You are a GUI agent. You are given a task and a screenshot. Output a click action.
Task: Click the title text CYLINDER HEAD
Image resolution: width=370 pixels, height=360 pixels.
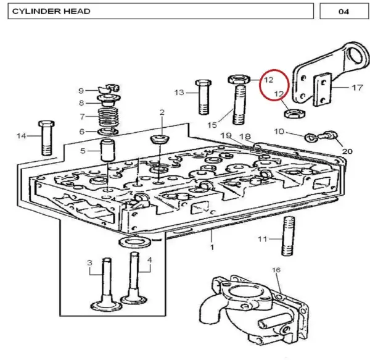click(51, 11)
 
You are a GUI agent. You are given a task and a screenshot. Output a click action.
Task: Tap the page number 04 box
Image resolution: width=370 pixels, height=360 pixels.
click(344, 11)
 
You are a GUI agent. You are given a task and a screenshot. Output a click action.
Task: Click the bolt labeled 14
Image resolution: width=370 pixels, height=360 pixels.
click(46, 138)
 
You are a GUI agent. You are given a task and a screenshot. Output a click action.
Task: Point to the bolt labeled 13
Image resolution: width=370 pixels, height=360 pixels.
click(203, 97)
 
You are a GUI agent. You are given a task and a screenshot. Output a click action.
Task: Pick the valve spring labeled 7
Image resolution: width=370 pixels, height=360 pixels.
click(109, 118)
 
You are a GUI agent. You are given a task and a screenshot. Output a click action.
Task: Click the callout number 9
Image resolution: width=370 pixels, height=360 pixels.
click(81, 91)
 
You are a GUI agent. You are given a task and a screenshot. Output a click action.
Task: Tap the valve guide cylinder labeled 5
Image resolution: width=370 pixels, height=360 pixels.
click(108, 150)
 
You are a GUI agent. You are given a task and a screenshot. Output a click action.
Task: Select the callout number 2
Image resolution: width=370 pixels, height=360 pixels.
click(162, 112)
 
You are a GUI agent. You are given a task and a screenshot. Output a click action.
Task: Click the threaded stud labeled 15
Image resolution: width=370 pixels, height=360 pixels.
click(239, 105)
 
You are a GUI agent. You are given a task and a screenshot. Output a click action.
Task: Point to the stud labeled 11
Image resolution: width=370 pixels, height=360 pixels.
click(288, 236)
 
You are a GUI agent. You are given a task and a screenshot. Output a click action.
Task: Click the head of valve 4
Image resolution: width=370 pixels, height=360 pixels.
click(134, 299)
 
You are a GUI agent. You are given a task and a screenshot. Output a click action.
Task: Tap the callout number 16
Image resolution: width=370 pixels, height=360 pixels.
click(276, 270)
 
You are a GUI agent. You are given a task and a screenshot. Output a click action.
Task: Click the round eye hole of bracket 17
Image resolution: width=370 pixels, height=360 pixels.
click(358, 57)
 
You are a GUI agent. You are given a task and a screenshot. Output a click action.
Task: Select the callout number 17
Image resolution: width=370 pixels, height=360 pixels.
click(357, 88)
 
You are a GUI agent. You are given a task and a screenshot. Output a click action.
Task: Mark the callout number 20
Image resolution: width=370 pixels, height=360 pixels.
click(347, 151)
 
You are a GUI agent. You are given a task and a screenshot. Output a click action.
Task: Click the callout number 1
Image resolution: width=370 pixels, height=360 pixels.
click(212, 247)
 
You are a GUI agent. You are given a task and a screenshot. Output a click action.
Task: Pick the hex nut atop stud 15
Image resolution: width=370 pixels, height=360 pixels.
click(239, 79)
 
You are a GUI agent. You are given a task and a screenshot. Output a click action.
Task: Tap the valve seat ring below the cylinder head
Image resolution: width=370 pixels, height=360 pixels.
click(135, 242)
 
